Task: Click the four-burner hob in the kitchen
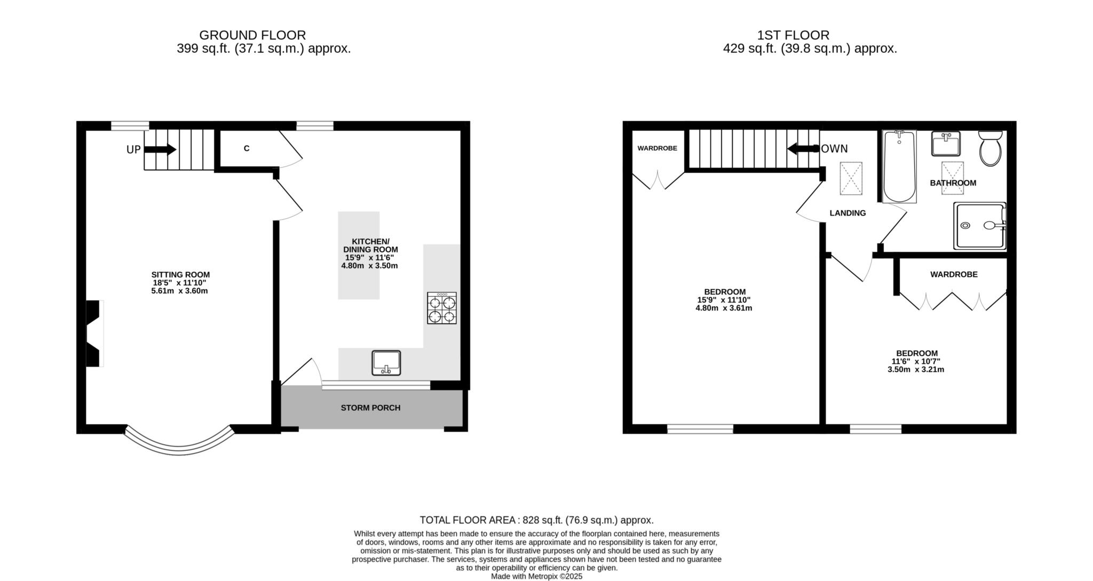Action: pyautogui.click(x=442, y=308)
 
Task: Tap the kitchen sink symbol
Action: pyautogui.click(x=386, y=363)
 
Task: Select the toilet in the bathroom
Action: pyautogui.click(x=991, y=148)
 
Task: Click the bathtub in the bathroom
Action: pyautogui.click(x=900, y=166)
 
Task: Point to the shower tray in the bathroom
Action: pyautogui.click(x=980, y=226)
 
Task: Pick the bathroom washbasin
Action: pyautogui.click(x=946, y=144)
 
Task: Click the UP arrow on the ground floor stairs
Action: pyautogui.click(x=160, y=150)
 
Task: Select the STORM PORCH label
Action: pyautogui.click(x=370, y=408)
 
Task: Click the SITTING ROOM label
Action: pyautogui.click(x=180, y=275)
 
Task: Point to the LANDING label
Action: pyautogui.click(x=848, y=213)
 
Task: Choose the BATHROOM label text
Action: pyautogui.click(x=953, y=183)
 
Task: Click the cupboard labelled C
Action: pyautogui.click(x=247, y=149)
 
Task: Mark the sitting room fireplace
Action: pyautogui.click(x=94, y=333)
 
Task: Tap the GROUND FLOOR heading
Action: pyautogui.click(x=252, y=35)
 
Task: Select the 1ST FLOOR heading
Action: pyautogui.click(x=793, y=35)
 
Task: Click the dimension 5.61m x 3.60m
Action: pyautogui.click(x=179, y=291)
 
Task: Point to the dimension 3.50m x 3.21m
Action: pyautogui.click(x=916, y=370)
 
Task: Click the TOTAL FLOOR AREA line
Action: pyautogui.click(x=536, y=520)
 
